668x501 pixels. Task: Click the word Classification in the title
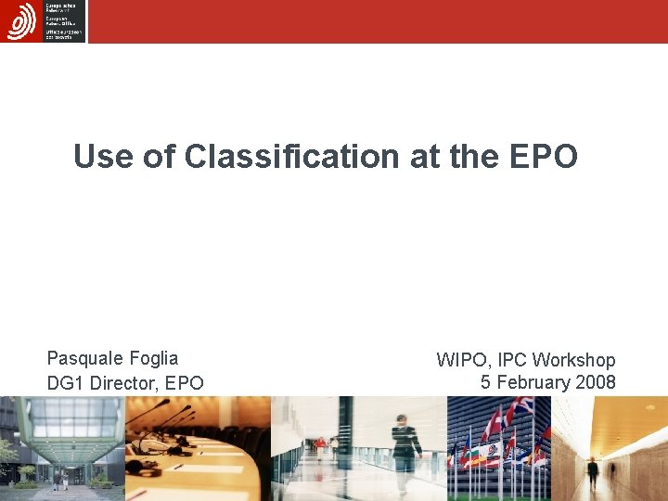tap(292, 157)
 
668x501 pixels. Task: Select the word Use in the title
tap(104, 157)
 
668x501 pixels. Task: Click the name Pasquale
tap(86, 358)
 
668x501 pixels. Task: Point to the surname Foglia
tap(155, 358)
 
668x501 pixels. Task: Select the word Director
tap(123, 382)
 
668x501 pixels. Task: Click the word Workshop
tap(573, 360)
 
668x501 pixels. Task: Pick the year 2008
tap(595, 382)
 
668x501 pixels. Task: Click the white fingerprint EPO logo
tap(20, 20)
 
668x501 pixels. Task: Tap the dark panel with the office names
tap(64, 20)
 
